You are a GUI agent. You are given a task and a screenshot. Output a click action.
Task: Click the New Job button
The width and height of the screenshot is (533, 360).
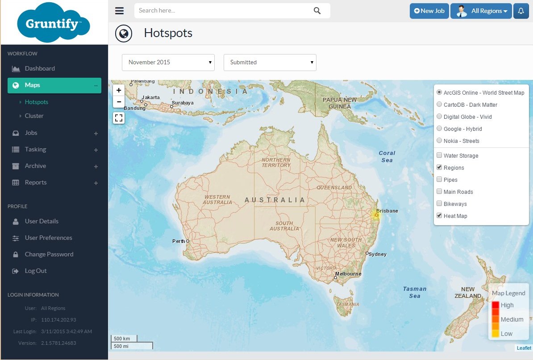429,11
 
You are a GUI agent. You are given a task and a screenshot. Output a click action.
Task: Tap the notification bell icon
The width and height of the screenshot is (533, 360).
521,11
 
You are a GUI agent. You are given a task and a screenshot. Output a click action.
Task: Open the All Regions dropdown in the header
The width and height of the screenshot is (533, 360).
481,11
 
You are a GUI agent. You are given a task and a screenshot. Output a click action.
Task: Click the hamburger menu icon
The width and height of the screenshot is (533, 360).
119,11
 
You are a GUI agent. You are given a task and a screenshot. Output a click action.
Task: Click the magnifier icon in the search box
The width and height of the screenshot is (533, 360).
317,11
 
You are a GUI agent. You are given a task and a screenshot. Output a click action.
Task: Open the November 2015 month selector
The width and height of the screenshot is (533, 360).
168,63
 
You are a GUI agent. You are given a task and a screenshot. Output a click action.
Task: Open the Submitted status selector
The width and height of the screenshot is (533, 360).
270,63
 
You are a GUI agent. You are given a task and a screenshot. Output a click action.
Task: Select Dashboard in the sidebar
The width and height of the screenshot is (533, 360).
40,68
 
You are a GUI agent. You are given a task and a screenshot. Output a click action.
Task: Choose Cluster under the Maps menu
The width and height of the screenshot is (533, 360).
34,116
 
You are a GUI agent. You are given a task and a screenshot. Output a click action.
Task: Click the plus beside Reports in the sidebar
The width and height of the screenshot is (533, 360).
96,183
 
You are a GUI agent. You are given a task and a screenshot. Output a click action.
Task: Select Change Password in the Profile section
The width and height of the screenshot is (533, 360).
49,254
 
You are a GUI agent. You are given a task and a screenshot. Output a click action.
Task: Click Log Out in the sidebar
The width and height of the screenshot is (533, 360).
36,271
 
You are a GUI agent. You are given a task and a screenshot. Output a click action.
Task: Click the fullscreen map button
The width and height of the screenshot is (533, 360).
119,118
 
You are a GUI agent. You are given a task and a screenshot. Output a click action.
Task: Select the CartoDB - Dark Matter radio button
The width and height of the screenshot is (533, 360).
440,105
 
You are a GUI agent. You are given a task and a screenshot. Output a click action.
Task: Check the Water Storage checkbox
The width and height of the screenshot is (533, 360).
440,155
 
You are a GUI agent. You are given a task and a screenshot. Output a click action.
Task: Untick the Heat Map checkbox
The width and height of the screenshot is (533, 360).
440,216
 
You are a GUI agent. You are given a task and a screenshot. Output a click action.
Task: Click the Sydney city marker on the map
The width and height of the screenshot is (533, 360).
367,253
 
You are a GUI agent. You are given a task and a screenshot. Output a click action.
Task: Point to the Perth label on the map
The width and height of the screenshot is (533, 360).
179,241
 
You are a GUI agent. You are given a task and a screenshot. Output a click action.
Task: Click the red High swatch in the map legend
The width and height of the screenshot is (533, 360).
496,305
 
